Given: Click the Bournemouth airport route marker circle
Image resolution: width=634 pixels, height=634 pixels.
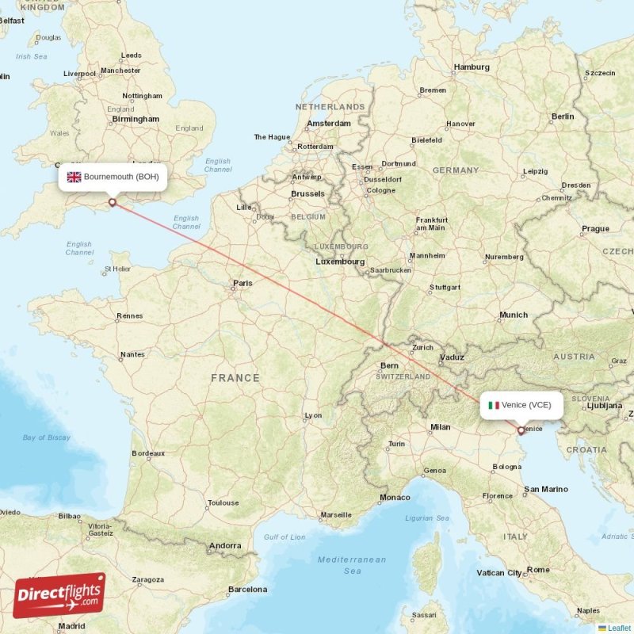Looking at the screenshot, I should pos(112,202).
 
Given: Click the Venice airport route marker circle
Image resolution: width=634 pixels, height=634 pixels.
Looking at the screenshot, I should pos(521,431).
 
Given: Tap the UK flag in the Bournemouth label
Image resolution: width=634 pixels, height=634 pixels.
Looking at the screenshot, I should pos(74,178).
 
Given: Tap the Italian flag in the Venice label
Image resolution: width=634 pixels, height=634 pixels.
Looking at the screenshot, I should pos(494,405).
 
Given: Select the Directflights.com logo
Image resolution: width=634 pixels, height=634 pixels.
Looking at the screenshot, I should pos(59,595).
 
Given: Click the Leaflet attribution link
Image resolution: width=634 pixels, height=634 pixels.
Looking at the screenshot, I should pos(618,628).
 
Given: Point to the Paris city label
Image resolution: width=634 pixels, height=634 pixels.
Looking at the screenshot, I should pos(243,283).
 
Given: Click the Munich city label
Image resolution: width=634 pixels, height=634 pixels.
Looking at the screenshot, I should pos(514,315).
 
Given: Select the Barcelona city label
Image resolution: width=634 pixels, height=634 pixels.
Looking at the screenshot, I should pos(247,589).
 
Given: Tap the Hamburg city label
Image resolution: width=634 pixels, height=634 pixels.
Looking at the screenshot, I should pos(472,67).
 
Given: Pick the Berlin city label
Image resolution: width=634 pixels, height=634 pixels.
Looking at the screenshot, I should pos(563,116).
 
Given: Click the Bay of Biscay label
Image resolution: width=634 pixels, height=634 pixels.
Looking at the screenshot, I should pos(47,437).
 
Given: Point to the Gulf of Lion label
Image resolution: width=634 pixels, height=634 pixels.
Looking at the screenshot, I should pos(285,537).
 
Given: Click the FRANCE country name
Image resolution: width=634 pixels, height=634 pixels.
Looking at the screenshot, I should pos(235,378).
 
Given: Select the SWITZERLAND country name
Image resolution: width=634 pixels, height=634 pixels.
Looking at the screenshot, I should pos(403,376).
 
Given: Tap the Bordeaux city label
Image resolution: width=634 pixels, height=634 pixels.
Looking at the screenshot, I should pos(148,453).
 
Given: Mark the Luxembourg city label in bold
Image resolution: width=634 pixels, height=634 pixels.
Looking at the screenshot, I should pos(340,262).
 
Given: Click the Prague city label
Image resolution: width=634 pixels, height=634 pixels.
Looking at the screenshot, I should pos(595,229).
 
